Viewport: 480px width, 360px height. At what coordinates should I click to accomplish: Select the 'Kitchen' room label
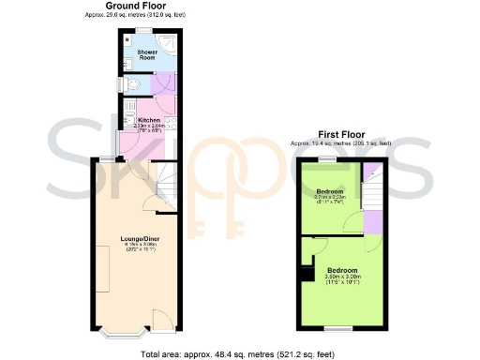[x=149, y=120]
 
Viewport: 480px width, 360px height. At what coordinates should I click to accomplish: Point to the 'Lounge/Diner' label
[x=140, y=239]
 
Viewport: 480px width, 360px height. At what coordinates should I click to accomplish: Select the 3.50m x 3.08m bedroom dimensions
[x=342, y=277]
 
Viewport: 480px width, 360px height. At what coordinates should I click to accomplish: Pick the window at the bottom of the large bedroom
[x=337, y=328]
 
